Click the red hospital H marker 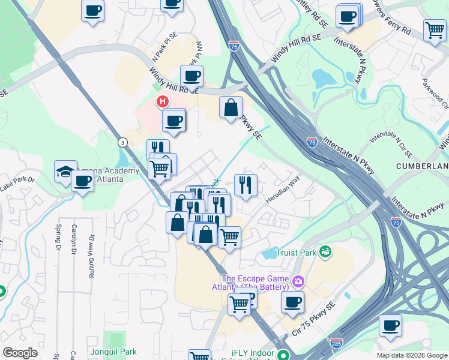tap(162, 101)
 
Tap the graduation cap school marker tap(65, 171)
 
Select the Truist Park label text tap(296, 253)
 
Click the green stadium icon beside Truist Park tap(325, 251)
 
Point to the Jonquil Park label tap(111, 350)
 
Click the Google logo tap(20, 353)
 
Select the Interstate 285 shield tap(336, 343)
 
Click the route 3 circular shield tap(122, 142)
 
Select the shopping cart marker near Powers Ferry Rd tap(435, 30)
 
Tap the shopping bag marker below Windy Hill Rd tap(231, 108)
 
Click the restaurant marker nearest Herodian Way tap(245, 185)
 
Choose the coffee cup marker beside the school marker tap(82, 181)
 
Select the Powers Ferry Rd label tap(390, 21)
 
